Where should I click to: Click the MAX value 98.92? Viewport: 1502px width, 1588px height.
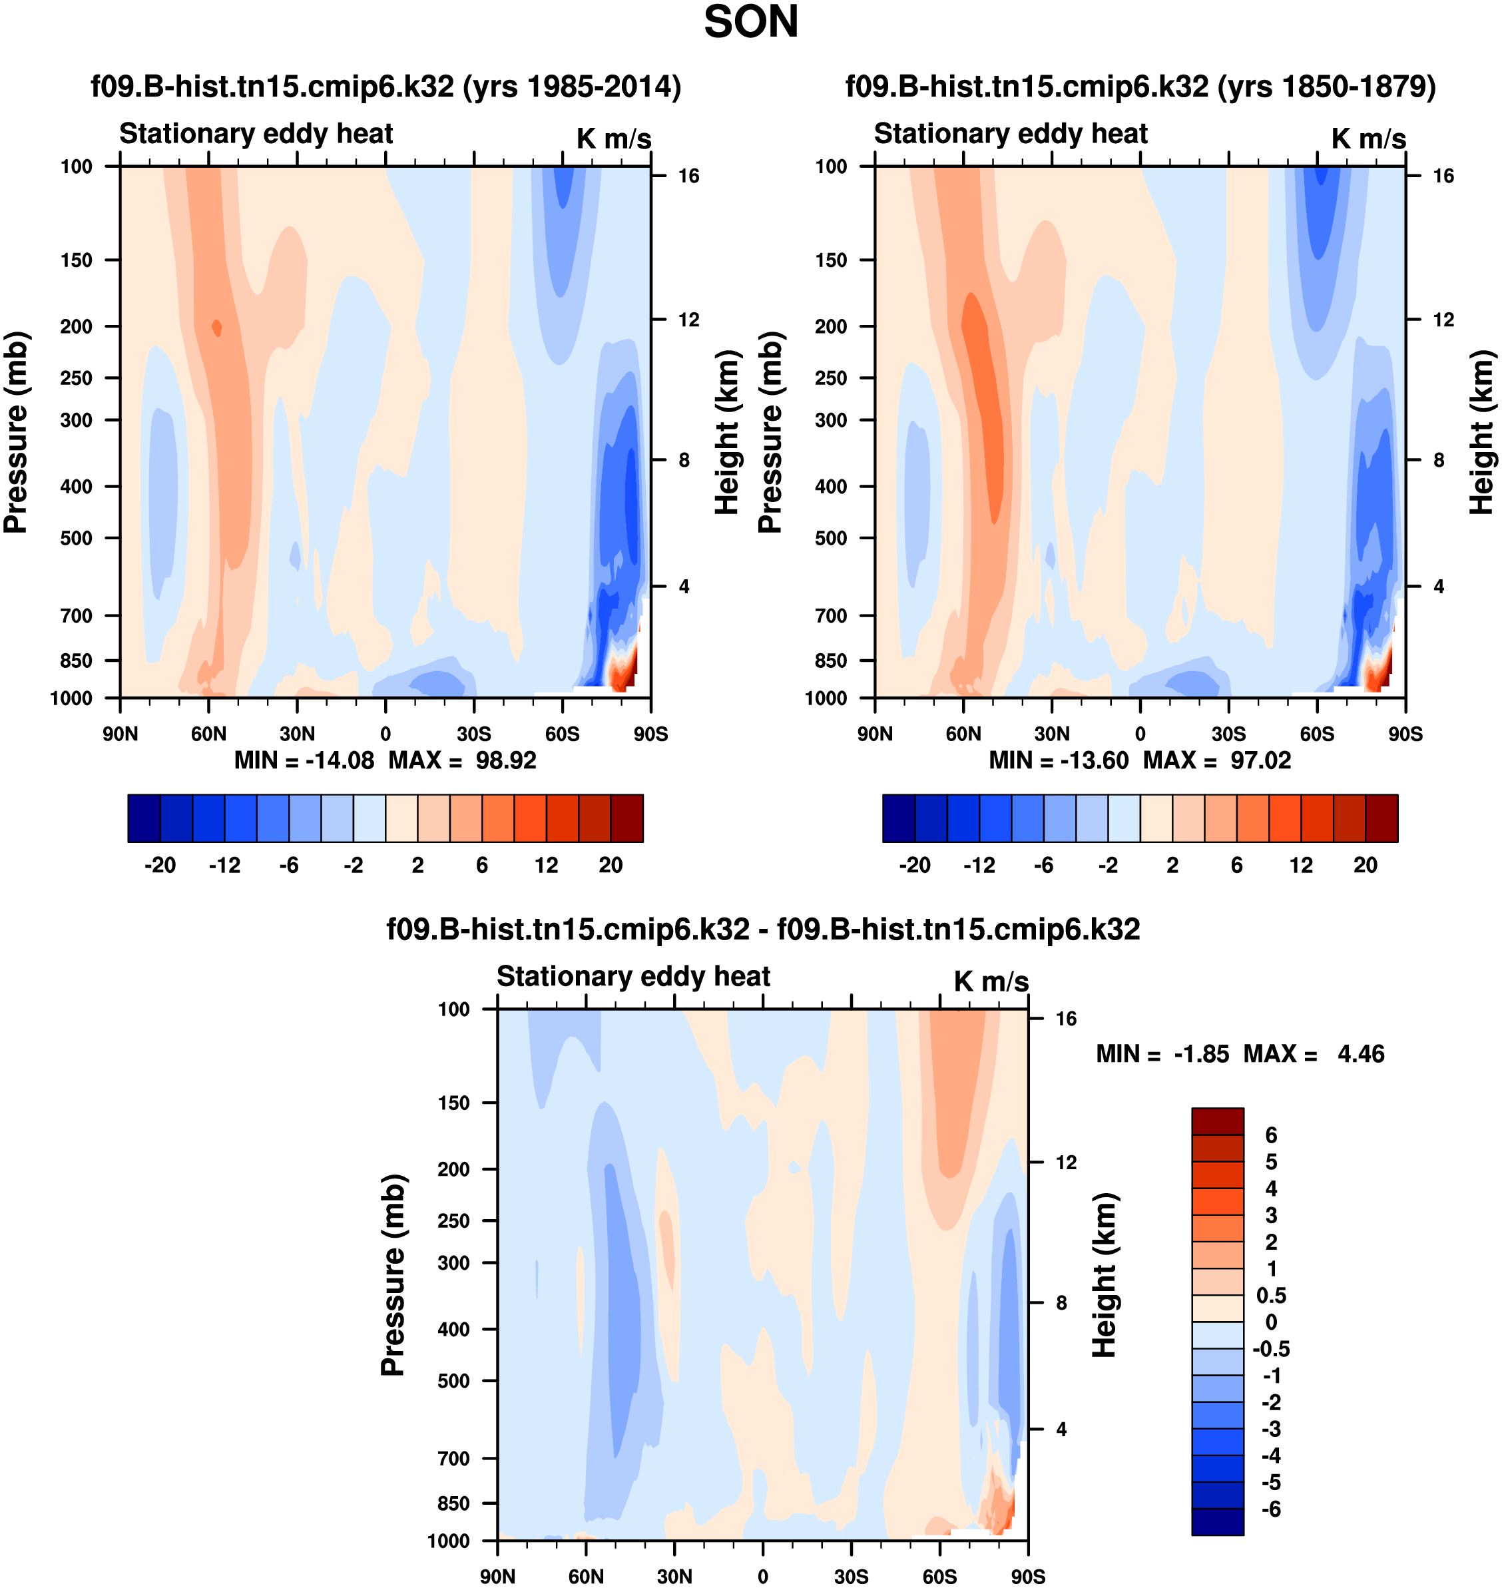coord(506,760)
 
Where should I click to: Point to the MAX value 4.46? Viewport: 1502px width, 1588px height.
coord(1360,1054)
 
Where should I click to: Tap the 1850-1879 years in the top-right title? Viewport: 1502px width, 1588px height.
coord(1328,87)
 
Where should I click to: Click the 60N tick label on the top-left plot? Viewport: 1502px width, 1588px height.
coord(208,734)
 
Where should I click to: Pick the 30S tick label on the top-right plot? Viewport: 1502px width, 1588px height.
coord(1228,734)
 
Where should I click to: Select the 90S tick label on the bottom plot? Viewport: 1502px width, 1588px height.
coord(1027,1576)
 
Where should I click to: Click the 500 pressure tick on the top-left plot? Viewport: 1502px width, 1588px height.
coord(76,538)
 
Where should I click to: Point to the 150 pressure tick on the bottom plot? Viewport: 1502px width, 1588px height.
coord(453,1103)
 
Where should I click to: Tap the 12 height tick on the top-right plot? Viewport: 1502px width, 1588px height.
coord(1443,320)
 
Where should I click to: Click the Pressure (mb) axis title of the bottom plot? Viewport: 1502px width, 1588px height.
coord(393,1275)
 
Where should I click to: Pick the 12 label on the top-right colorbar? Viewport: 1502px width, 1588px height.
coord(1301,865)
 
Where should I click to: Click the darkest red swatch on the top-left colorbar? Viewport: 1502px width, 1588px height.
coord(627,818)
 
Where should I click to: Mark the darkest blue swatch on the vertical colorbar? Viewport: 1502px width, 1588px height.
coord(1217,1521)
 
